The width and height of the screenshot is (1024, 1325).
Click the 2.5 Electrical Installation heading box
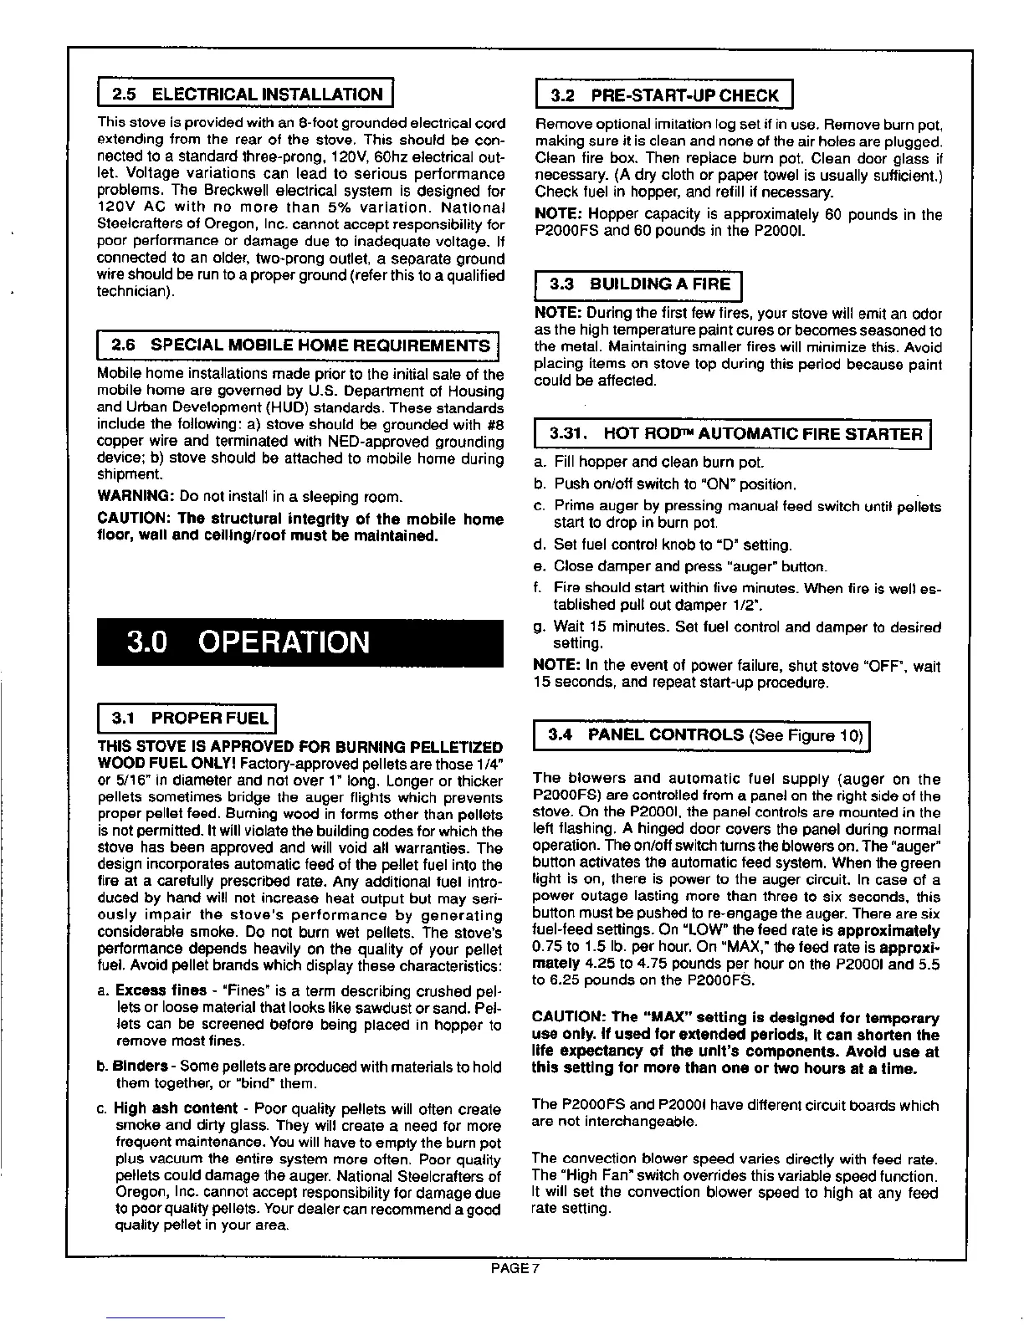pos(246,95)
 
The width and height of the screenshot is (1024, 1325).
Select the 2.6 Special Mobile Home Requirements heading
pos(299,345)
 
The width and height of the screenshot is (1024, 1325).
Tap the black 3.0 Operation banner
pos(300,642)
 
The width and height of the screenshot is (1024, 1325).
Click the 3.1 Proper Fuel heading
pos(187,718)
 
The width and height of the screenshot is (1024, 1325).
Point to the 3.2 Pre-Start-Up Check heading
pos(663,95)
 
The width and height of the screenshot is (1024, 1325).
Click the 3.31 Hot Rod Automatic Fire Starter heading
pos(732,433)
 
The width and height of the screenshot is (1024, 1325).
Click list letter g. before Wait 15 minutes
pos(539,627)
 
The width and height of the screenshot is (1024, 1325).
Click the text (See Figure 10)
pos(806,736)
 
